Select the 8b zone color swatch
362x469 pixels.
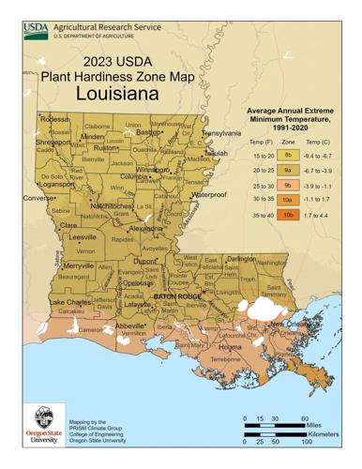(x=289, y=154)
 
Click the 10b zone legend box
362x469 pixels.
(x=289, y=215)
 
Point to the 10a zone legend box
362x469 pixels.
(x=289, y=200)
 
